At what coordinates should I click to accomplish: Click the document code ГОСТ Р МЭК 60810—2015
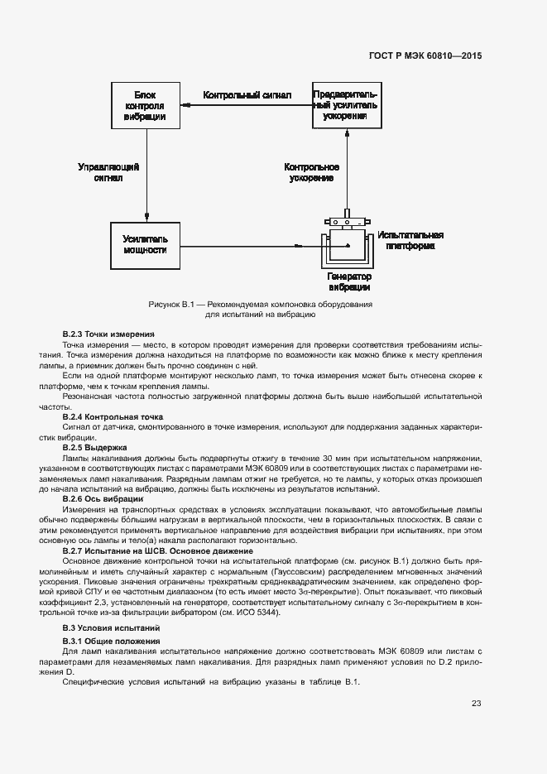tap(425, 57)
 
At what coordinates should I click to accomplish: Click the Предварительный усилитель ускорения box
tap(346, 106)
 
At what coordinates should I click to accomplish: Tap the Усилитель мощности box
tap(145, 244)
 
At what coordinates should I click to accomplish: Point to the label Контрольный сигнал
tap(247, 96)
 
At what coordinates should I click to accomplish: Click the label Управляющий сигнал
tap(108, 171)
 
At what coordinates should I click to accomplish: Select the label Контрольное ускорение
tap(312, 171)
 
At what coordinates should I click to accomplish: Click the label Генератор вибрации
tap(348, 281)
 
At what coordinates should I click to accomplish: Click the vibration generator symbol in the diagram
tap(347, 243)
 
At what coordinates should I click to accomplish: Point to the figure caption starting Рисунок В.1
tap(260, 310)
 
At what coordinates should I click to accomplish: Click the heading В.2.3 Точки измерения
tap(108, 334)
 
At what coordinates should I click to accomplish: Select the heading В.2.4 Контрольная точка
tap(113, 416)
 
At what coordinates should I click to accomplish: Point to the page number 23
tap(476, 704)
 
